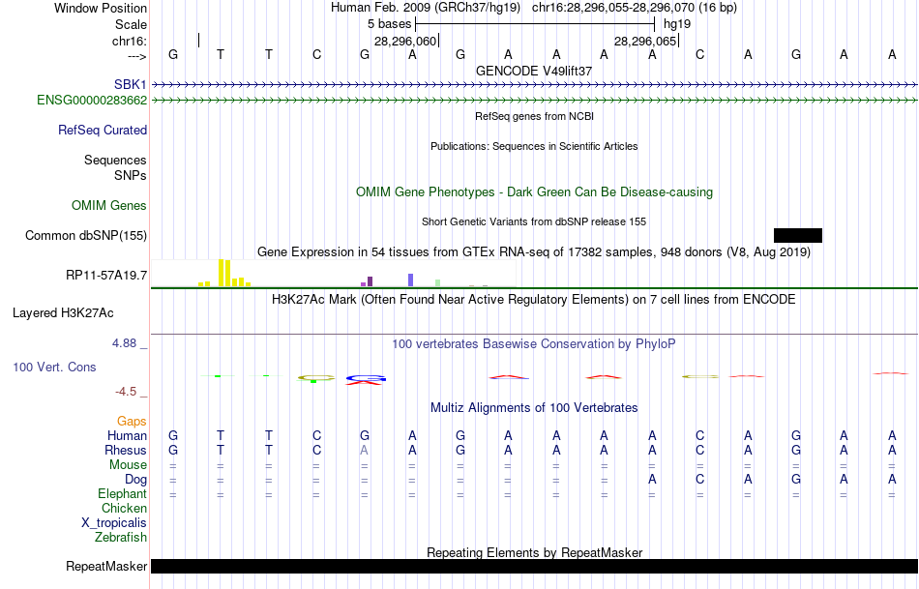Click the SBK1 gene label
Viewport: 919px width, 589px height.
[130, 85]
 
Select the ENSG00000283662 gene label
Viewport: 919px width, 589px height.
[92, 100]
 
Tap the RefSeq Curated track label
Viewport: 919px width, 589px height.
[103, 130]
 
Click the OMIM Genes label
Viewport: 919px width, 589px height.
[109, 205]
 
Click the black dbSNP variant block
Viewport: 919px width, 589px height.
[797, 235]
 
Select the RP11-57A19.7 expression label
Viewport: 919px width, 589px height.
[106, 276]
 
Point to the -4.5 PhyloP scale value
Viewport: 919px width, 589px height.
[132, 392]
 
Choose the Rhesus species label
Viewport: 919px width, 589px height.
[127, 450]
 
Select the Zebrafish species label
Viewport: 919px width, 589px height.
[121, 537]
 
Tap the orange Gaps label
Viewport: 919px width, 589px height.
[132, 421]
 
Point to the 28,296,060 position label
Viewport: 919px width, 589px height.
[405, 42]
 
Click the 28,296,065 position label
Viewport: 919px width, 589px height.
[645, 42]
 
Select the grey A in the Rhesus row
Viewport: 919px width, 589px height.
[365, 450]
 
